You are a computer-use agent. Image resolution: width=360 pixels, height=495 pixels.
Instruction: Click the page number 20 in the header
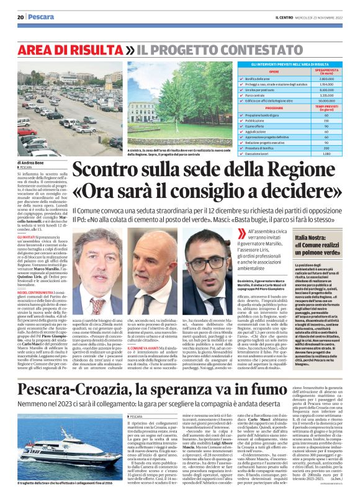(x=20, y=17)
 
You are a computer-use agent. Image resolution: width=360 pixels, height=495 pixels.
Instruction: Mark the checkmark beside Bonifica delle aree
(x=258, y=79)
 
